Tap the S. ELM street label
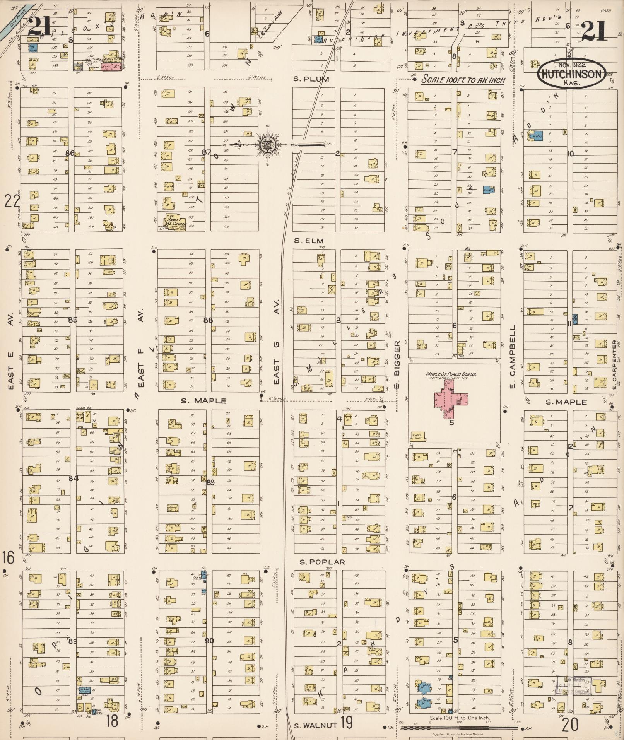308,241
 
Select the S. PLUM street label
311,79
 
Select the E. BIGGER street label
397,364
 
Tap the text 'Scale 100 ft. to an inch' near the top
463,80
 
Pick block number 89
210,482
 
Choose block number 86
70,153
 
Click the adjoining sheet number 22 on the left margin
12,202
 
